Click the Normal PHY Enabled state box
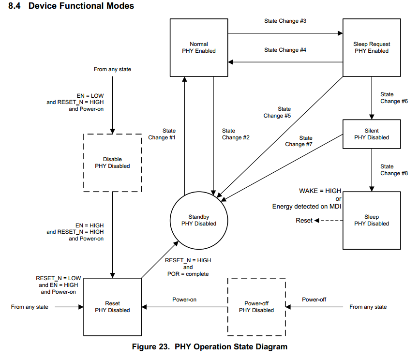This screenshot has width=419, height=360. point(199,47)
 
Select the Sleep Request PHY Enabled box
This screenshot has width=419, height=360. point(372,47)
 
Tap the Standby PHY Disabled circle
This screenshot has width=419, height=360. point(199,220)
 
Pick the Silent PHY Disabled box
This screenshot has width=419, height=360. point(372,134)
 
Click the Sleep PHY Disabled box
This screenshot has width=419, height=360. point(372,220)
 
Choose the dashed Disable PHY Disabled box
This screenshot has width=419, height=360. point(112,163)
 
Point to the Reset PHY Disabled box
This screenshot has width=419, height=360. point(112,307)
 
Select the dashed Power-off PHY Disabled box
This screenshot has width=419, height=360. point(256,307)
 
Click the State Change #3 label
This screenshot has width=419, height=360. point(285,21)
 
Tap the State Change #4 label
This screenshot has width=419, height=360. point(285,50)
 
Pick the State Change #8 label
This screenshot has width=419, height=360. point(394,170)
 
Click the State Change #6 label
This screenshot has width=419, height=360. point(394,98)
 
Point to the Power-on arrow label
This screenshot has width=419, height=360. point(184,300)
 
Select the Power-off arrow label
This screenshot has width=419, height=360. point(314,300)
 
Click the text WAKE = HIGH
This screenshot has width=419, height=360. point(320,191)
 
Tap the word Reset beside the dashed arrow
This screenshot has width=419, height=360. point(304,221)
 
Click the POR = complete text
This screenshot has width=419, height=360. point(187,274)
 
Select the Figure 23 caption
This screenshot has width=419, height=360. point(209,347)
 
